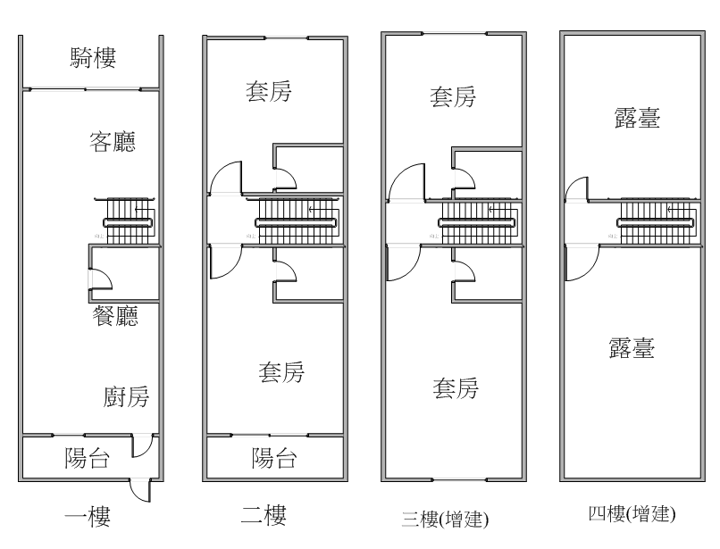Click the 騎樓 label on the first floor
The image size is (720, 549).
93,58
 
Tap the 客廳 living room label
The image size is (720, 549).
113,141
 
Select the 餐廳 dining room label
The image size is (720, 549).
115,316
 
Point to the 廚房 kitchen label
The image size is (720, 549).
126,396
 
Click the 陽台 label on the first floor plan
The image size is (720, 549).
88,458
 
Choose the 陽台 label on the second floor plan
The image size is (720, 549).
274,458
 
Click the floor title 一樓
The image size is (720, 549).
88,516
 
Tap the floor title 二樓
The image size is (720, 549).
264,515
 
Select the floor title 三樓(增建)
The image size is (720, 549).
445,520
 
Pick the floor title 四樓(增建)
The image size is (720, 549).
632,513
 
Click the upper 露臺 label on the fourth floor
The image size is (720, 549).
637,118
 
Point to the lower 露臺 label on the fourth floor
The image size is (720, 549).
632,348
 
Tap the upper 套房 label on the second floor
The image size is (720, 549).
269,91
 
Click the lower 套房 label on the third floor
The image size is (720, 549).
456,388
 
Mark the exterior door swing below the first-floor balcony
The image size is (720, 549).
140,490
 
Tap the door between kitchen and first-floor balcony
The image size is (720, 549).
142,445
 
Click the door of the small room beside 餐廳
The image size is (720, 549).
101,279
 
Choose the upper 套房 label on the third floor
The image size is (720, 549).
453,96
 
